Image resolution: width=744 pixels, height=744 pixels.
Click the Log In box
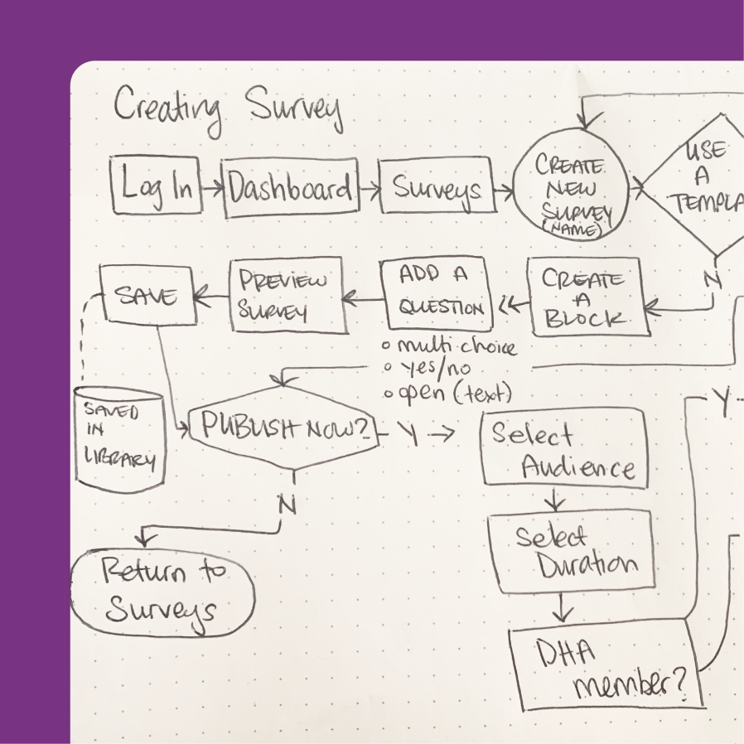coord(157,186)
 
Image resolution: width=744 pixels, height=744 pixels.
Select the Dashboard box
coord(291,189)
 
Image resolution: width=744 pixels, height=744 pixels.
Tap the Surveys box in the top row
coord(437,189)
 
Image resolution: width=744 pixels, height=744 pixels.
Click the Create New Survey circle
coord(572,190)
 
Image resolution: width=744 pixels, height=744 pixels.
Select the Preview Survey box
coord(287,296)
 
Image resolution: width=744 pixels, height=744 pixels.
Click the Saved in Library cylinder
coord(119,437)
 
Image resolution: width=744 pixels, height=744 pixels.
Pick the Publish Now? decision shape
coord(283,428)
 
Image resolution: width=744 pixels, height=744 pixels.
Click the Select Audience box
coord(563,448)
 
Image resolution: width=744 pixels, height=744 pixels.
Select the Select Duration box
coord(572,552)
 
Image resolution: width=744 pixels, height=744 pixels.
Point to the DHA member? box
coord(607,664)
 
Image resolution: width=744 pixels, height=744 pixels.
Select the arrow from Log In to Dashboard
coord(212,189)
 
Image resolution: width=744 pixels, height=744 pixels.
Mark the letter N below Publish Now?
coord(287,504)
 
